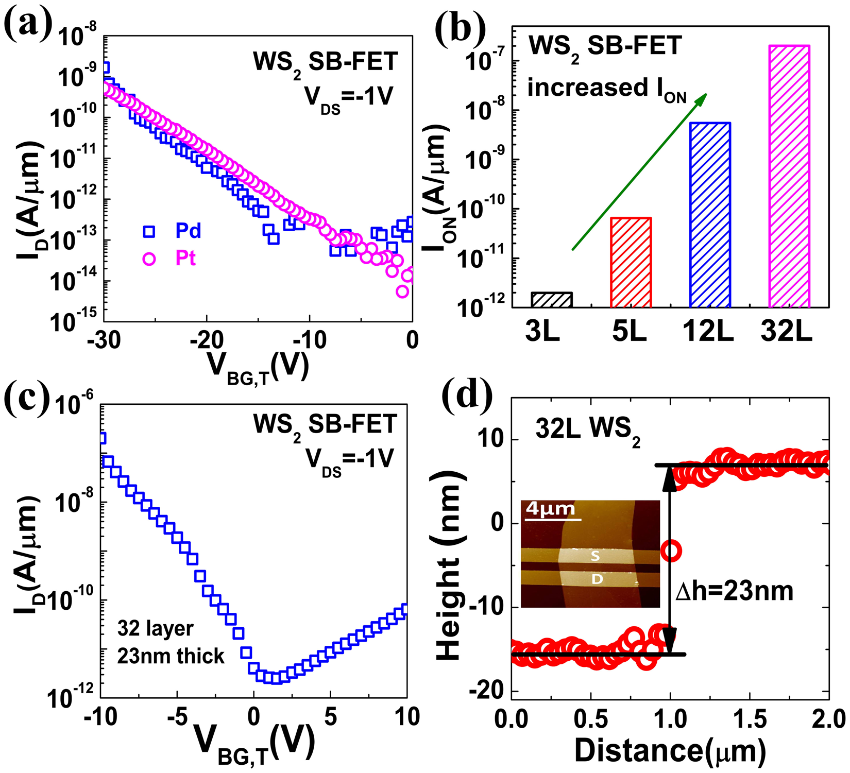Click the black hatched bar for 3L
coord(551,300)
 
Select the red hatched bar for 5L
coord(631,263)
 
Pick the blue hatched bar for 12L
coord(710,215)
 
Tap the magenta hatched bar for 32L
coord(789,176)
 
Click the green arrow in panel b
coord(639,172)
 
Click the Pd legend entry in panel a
coord(175,231)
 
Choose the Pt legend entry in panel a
coord(175,258)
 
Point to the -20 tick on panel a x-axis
coord(207,339)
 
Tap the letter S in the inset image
coord(595,556)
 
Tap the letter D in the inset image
coord(597,579)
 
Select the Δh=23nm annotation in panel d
coord(734,591)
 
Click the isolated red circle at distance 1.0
coord(671,551)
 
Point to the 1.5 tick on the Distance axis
coord(750,718)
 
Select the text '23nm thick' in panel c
coord(171,656)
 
